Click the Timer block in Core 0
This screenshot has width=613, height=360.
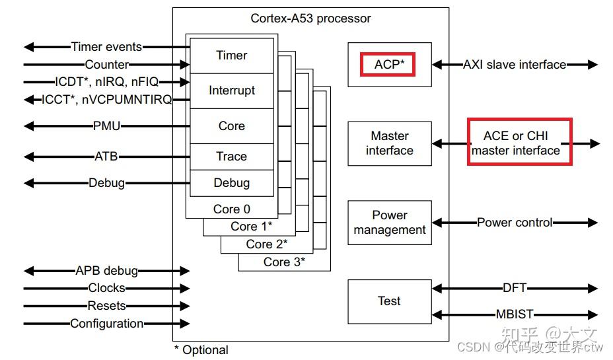pyautogui.click(x=231, y=55)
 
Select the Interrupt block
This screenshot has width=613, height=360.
pyautogui.click(x=231, y=90)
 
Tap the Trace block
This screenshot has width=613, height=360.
pyautogui.click(x=231, y=157)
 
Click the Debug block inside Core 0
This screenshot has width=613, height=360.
pyautogui.click(x=231, y=183)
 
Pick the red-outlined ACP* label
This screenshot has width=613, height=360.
pyautogui.click(x=388, y=65)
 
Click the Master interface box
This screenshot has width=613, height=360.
pyautogui.click(x=390, y=143)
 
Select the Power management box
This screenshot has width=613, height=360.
pyautogui.click(x=390, y=223)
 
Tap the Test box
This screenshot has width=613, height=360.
pyautogui.click(x=390, y=301)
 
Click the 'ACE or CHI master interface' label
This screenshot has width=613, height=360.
pyautogui.click(x=519, y=143)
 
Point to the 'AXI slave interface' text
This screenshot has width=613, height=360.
pyautogui.click(x=515, y=65)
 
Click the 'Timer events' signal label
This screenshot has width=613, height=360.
pyautogui.click(x=106, y=47)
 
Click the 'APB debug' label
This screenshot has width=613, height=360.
pyautogui.click(x=106, y=271)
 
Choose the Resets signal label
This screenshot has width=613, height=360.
pyautogui.click(x=106, y=306)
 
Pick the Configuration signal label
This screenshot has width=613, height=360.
pyautogui.click(x=106, y=324)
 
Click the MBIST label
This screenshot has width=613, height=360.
pyautogui.click(x=515, y=314)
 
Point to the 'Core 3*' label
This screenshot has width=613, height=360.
pyautogui.click(x=284, y=262)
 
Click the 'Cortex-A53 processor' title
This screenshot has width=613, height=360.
pyautogui.click(x=310, y=18)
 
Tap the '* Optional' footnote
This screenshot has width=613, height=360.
pyautogui.click(x=201, y=350)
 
